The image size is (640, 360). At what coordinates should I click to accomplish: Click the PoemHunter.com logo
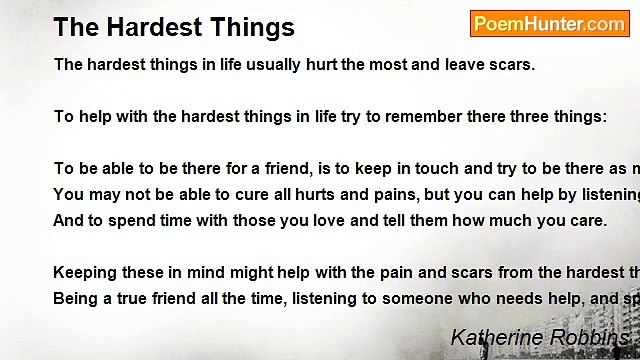[549, 24]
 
